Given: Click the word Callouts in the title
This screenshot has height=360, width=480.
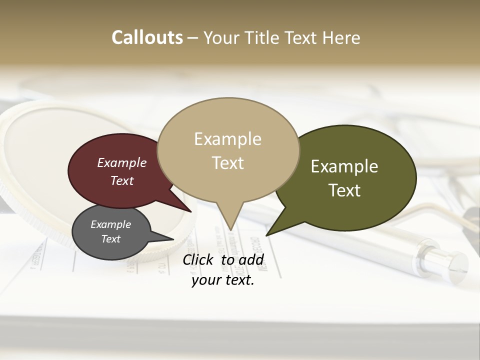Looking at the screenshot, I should [x=147, y=38].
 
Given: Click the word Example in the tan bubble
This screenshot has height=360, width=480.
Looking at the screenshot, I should [x=227, y=139].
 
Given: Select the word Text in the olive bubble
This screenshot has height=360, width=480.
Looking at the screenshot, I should [x=344, y=190].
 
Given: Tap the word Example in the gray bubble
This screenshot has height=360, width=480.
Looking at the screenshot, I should [x=110, y=225].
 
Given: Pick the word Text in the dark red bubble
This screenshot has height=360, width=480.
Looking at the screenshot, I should [x=122, y=181].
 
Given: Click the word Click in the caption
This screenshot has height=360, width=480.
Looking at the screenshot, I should [x=198, y=259].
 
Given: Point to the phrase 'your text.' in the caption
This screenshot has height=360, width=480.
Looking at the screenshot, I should [x=223, y=280].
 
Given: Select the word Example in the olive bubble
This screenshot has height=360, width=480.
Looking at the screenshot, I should [x=344, y=166].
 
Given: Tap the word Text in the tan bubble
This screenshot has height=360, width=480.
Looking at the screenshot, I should [x=228, y=163].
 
